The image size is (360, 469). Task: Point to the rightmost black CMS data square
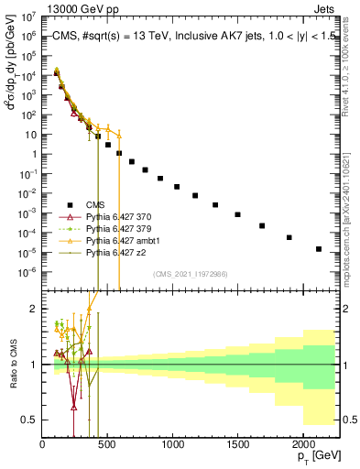click(319, 249)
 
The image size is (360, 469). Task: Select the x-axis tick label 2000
click(302, 444)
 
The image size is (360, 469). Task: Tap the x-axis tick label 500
click(107, 444)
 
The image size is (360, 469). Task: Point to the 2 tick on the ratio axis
click(34, 309)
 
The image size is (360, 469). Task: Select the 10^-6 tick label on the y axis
click(28, 271)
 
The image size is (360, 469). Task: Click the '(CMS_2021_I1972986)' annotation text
click(190, 274)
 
